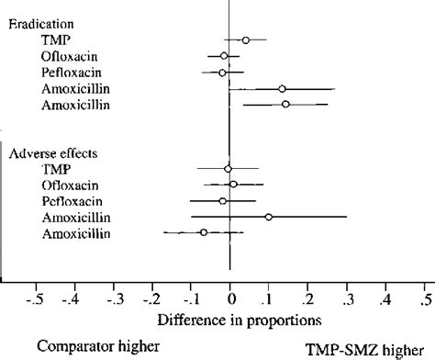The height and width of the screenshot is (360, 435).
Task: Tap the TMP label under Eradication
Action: point(55,40)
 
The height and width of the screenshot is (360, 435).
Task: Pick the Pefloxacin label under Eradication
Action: point(71,73)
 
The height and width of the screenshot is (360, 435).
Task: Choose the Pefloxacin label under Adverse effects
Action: point(71,201)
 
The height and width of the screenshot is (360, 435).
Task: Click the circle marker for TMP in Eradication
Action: point(245,39)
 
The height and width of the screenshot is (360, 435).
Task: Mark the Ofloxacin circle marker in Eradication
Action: point(224,56)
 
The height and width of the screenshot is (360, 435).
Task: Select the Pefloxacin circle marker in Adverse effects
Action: point(222,201)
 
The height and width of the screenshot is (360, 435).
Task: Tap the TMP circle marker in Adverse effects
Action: point(229,168)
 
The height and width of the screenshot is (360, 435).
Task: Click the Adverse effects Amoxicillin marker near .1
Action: point(269,217)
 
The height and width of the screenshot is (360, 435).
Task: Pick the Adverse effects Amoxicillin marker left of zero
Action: point(204,233)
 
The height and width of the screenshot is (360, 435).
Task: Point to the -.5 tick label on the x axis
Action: point(35,299)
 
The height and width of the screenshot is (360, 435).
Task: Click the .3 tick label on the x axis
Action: point(347,299)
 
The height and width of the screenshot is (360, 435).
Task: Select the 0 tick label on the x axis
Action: point(229,299)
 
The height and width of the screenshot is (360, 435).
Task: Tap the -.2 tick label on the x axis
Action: point(151,299)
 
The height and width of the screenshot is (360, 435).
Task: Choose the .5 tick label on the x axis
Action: point(425,299)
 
